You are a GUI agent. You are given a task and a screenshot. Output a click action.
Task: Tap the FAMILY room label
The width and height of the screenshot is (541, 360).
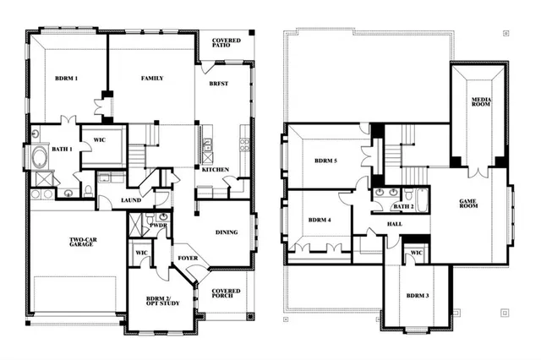coord(151,79)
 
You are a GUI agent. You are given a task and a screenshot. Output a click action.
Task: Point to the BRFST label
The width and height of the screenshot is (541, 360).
coord(218,85)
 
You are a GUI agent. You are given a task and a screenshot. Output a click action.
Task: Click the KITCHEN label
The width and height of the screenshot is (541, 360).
coord(215,170)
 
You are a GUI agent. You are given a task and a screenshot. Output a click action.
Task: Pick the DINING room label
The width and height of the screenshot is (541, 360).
coord(227,232)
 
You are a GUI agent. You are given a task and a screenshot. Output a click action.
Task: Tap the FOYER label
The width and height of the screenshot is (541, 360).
coord(188,257)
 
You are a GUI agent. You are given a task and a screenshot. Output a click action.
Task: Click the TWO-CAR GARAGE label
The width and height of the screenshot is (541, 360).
coord(87,244)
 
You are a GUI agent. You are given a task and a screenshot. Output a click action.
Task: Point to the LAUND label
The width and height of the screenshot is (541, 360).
coord(130,200)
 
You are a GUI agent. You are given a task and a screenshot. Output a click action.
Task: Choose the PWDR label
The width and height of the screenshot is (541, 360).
coord(157,226)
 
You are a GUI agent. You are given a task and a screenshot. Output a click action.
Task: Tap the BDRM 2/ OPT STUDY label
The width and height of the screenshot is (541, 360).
coord(153,304)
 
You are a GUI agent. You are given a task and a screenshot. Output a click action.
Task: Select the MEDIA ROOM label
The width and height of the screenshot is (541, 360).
coord(482,103)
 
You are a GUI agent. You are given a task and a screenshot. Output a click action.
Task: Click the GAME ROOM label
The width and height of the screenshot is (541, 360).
coord(469,204)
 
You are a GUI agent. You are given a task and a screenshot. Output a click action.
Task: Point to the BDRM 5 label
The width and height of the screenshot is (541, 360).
coord(325,161)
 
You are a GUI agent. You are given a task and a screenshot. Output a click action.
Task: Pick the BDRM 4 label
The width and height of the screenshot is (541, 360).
coord(319,220)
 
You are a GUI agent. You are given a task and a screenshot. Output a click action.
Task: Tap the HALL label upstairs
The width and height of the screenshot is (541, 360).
coord(395,224)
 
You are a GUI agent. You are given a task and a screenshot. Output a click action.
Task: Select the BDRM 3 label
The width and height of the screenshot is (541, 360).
coord(416,296)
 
